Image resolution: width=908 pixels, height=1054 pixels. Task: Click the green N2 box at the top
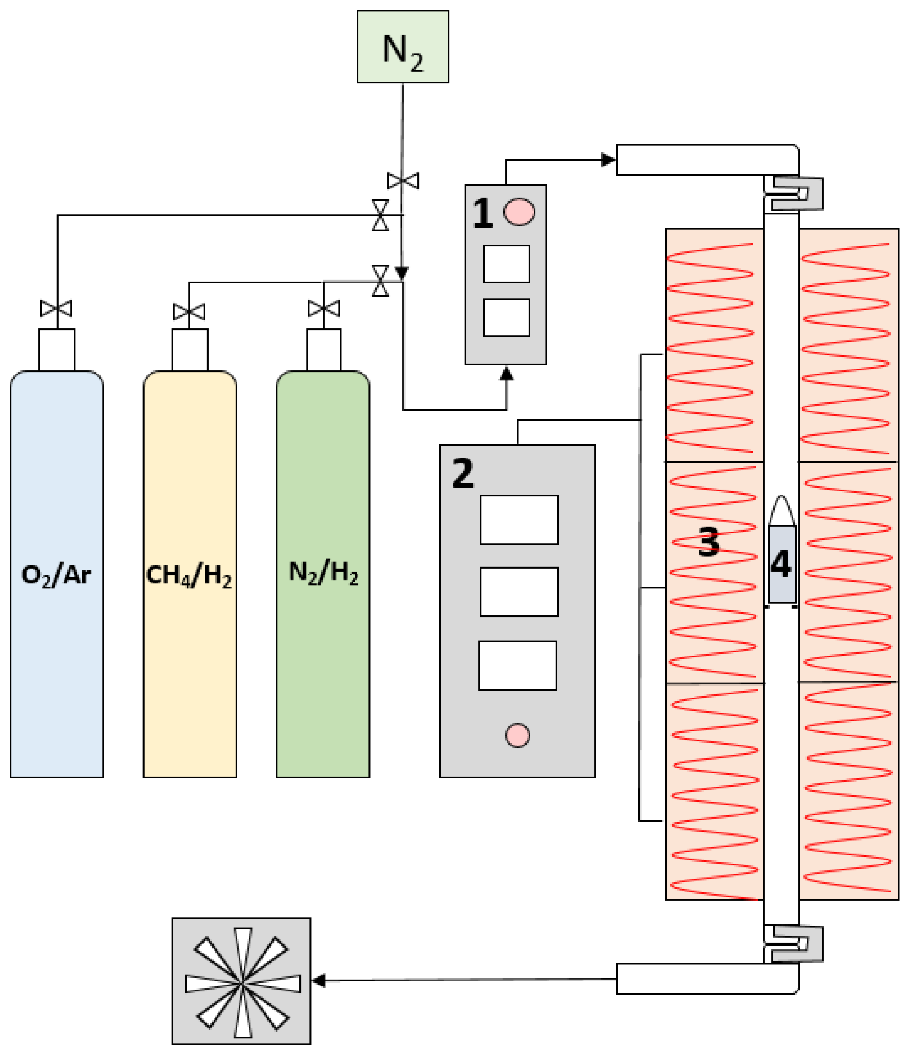point(402,47)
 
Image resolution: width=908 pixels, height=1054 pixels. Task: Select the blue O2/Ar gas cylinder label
point(56,575)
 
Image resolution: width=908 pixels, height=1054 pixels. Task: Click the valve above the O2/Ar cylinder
point(56,308)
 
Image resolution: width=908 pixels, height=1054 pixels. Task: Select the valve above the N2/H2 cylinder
point(324,308)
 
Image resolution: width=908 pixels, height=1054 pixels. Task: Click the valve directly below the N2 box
point(403,181)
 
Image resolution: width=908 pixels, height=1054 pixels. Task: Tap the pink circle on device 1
point(519,212)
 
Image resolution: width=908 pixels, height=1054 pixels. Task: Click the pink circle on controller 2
point(517,735)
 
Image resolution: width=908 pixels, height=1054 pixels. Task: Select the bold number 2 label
point(462,473)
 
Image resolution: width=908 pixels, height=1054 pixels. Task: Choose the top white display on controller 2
point(519,520)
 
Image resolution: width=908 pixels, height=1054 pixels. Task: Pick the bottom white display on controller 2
point(517,665)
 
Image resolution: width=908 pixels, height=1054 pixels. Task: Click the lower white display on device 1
point(506,317)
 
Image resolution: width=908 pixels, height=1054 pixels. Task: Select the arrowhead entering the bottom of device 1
point(506,375)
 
